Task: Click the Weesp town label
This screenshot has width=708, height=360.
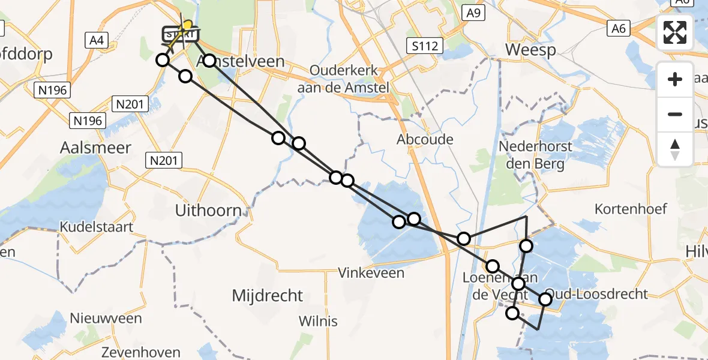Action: [x=531, y=50]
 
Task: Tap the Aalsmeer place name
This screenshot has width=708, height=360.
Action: [x=96, y=148]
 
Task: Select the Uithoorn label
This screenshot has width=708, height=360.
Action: [x=208, y=211]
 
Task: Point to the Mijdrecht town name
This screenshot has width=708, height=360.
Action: [x=267, y=295]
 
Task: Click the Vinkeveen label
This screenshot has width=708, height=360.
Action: [x=371, y=273]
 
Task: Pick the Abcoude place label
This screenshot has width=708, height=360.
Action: [x=425, y=139]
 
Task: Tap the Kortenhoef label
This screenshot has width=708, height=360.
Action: [x=631, y=209]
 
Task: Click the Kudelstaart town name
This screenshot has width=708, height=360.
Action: [x=96, y=227]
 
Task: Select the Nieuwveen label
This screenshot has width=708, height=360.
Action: [x=105, y=318]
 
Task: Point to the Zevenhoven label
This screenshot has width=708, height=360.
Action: [x=132, y=352]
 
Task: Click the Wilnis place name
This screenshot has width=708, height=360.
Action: [x=318, y=320]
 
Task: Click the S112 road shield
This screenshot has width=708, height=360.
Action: [x=424, y=45]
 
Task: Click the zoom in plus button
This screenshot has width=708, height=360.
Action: [x=675, y=79]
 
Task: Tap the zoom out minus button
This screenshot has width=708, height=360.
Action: [x=675, y=114]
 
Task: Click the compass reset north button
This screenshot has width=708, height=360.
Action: [x=675, y=149]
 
